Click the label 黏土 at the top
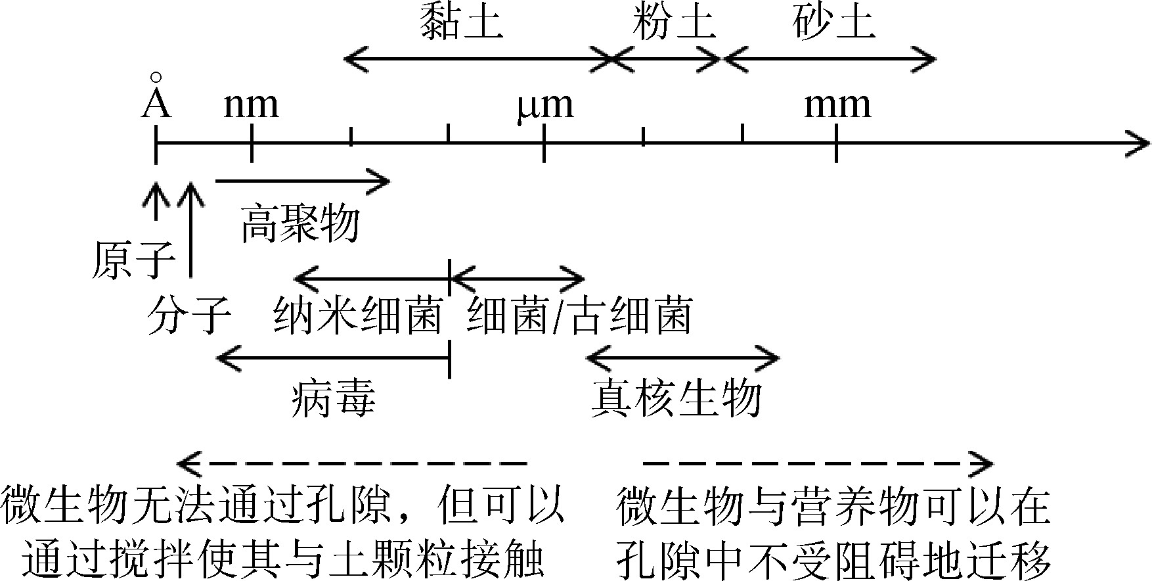point(462,22)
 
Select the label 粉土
point(674,22)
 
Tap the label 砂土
point(833,22)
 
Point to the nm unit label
point(251,105)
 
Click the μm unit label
point(545,105)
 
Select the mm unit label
point(837,105)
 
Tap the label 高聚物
point(300,223)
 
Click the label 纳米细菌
point(357,315)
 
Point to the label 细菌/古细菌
point(579,315)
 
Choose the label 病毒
point(334,398)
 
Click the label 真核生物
point(676,398)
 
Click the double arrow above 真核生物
point(682,358)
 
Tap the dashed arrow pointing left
point(351,463)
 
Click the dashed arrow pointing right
point(818,463)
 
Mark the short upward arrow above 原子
point(156,201)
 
